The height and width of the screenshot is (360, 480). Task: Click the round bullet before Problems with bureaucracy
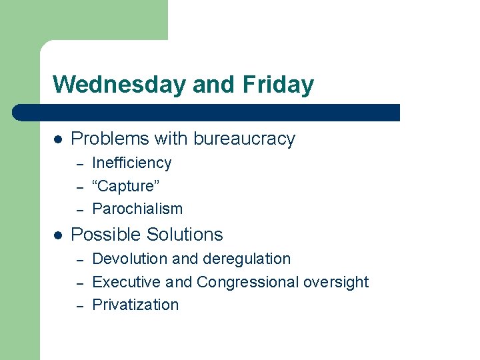[58, 139]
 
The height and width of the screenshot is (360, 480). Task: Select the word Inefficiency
[131, 163]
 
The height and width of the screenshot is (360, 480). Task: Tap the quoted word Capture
[125, 186]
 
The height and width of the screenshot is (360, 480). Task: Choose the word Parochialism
[137, 209]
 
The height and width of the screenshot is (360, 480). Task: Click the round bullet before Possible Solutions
[58, 235]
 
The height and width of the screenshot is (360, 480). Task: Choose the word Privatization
[135, 305]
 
